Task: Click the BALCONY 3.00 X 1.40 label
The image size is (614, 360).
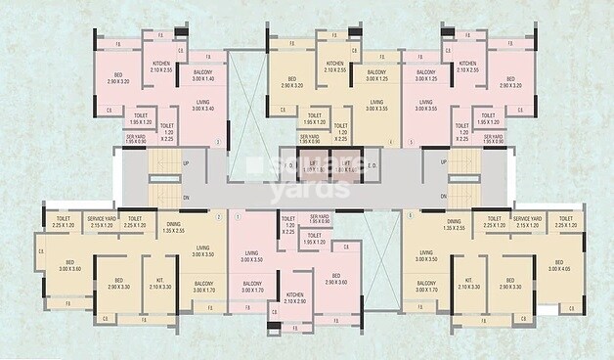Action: pyautogui.click(x=202, y=76)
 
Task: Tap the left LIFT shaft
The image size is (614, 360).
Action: pyautogui.click(x=314, y=166)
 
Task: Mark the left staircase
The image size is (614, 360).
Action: pyautogui.click(x=162, y=178)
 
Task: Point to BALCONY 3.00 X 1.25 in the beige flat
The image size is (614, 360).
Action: pyautogui.click(x=378, y=76)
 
